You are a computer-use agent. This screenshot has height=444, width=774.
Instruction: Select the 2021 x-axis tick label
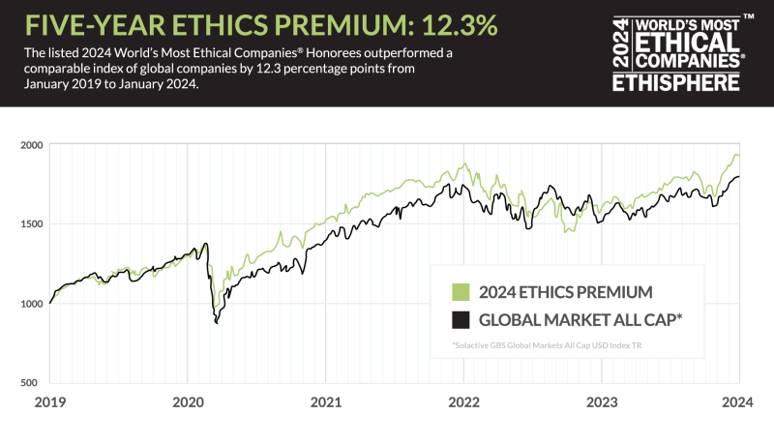click(326, 401)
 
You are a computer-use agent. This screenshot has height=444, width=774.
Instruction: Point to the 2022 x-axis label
click(464, 401)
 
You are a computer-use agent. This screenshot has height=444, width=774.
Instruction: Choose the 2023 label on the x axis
click(603, 401)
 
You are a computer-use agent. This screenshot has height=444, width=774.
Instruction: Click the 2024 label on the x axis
click(739, 401)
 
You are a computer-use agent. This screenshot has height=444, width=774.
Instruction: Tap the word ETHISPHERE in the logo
click(677, 82)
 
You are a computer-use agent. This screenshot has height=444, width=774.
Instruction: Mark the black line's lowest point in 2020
click(216, 322)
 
